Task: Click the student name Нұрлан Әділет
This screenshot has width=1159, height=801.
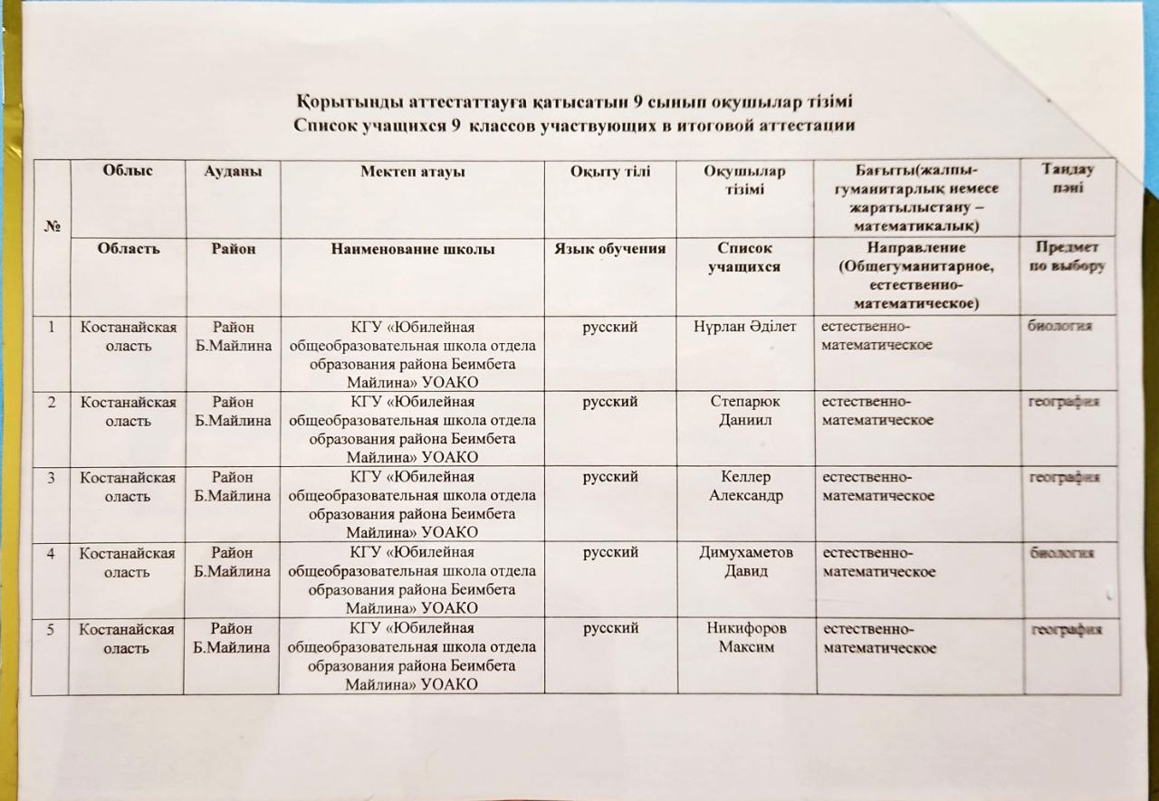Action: pyautogui.click(x=743, y=325)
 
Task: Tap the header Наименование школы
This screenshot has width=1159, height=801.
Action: pyautogui.click(x=412, y=248)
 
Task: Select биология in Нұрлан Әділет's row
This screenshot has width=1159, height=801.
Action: pyautogui.click(x=1061, y=326)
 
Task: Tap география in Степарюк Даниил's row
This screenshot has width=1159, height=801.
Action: pyautogui.click(x=1063, y=402)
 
